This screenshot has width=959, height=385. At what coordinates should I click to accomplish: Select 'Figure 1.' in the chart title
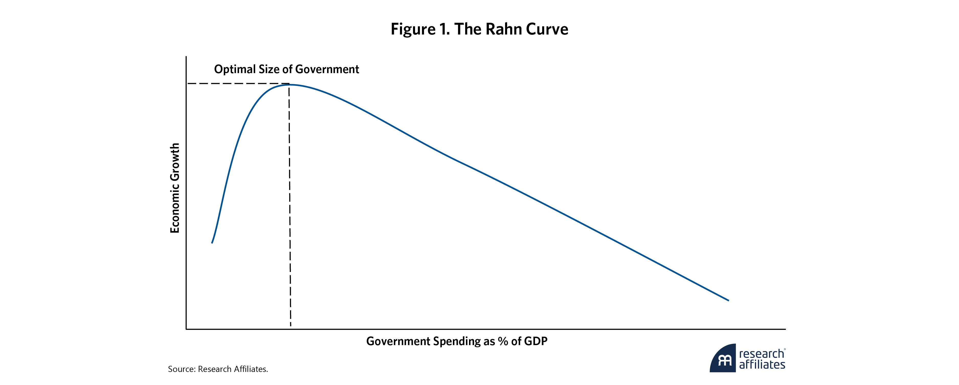(x=420, y=29)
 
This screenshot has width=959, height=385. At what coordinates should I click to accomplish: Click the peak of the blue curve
(x=289, y=85)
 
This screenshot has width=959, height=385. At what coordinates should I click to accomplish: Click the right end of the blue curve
(x=728, y=300)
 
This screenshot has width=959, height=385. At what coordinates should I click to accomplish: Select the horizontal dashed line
(x=238, y=84)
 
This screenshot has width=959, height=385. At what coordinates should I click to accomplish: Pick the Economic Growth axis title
(x=175, y=188)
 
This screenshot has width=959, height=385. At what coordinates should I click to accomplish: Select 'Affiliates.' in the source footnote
(x=252, y=369)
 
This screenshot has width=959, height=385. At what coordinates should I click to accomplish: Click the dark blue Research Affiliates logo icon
(x=723, y=359)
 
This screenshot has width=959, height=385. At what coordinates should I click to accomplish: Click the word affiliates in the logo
(x=762, y=365)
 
